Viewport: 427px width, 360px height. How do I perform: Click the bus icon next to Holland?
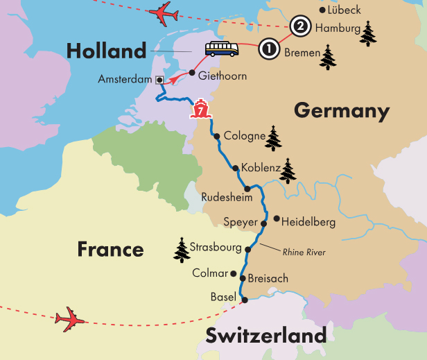click(x=221, y=49)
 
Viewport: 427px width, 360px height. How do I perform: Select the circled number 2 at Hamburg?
click(x=299, y=27)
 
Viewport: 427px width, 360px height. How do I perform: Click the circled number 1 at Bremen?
click(x=268, y=50)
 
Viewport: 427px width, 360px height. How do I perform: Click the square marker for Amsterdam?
click(x=159, y=80)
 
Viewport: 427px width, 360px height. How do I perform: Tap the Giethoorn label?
click(x=222, y=76)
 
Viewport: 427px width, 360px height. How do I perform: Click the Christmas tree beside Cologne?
click(x=275, y=138)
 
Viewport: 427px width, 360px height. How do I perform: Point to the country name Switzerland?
click(x=265, y=336)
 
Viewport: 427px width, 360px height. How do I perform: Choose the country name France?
click(x=111, y=249)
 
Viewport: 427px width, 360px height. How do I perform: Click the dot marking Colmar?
click(x=234, y=273)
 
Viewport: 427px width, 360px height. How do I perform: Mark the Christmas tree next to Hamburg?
click(x=367, y=33)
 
